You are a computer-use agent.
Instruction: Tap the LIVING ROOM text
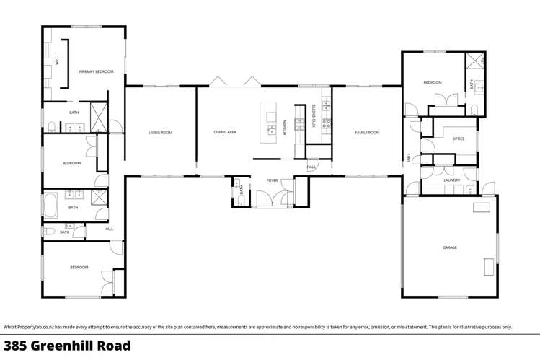point(160,133)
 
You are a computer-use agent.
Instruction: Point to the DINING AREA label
point(225,133)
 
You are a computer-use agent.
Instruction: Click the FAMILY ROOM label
point(366,133)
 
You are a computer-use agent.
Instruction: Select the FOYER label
point(272,180)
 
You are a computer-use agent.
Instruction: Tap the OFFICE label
point(459,139)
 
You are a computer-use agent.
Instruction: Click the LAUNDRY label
point(452,180)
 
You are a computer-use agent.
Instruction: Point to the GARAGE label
point(450,247)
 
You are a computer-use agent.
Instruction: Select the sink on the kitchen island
point(272,130)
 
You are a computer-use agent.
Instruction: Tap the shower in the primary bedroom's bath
point(98,113)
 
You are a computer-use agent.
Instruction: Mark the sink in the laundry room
point(469,190)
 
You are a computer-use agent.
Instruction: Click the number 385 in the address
point(15,346)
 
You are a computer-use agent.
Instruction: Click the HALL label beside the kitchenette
point(311,167)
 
